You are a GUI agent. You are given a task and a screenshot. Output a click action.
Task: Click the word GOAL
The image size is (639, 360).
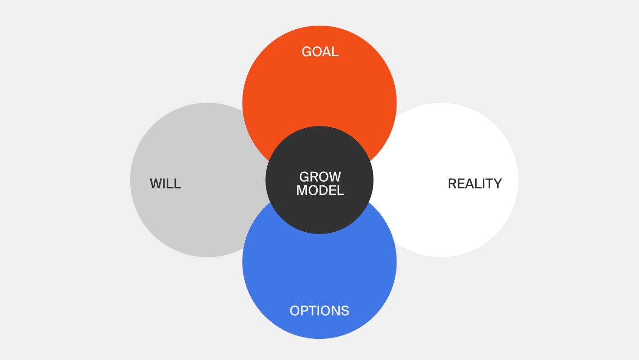coord(320,52)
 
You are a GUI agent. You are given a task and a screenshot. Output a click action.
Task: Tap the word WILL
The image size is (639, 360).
coord(165,184)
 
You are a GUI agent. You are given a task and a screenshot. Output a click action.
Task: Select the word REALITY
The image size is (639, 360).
coord(474,184)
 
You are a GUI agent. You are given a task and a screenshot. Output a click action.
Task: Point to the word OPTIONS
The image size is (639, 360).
coord(319,311)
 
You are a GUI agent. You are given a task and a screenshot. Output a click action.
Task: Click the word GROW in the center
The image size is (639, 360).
coord(320,176)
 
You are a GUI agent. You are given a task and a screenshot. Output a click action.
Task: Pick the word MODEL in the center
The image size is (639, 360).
coord(320,190)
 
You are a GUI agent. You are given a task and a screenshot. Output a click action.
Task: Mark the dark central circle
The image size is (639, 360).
coord(319,211)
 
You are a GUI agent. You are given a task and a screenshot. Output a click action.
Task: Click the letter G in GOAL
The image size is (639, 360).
coord(306,52)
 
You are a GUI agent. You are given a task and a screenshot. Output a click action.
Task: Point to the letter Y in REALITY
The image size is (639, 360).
coord(497,184)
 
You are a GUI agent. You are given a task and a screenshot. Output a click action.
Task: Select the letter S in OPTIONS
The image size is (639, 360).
coord(345,311)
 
